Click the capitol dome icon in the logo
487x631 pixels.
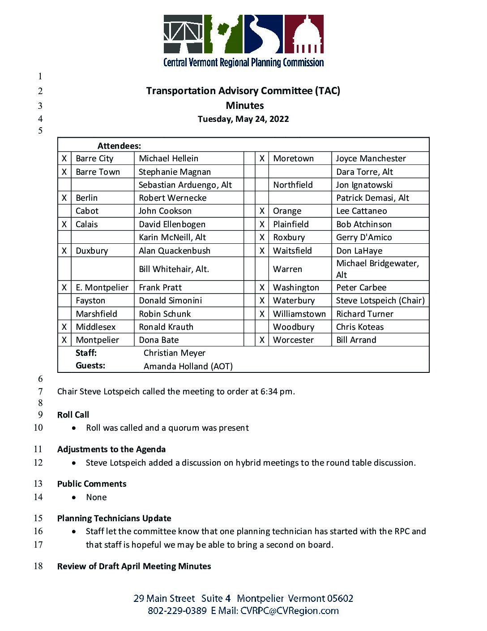(304, 35)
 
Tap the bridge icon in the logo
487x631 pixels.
(183, 34)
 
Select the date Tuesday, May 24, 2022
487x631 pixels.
(243, 119)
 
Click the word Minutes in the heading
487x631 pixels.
(244, 106)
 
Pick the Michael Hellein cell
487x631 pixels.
(168, 159)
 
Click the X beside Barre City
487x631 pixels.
(64, 159)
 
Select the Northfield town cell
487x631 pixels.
(293, 185)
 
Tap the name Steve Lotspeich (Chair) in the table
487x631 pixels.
(380, 301)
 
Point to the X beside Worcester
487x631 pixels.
(262, 340)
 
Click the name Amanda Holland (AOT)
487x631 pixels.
(188, 367)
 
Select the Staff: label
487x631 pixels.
(86, 353)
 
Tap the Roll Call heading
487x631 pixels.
(73, 415)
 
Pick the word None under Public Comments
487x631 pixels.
(96, 497)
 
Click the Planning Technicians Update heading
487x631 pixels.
(114, 519)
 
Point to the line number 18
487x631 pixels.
(38, 566)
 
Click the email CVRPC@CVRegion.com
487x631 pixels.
(289, 611)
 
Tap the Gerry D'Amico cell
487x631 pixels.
(364, 238)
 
